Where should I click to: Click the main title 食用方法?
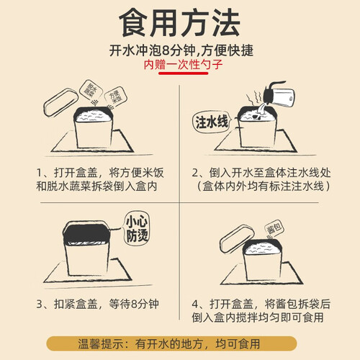click(179, 23)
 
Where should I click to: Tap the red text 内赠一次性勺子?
click(183, 65)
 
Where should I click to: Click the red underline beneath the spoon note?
click(183, 73)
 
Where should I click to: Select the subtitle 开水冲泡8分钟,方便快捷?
click(181, 50)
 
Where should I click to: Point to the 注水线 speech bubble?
click(212, 122)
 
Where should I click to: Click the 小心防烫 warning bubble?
click(137, 228)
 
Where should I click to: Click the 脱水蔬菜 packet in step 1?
click(91, 89)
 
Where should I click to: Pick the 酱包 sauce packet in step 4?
click(274, 228)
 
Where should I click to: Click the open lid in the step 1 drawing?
click(60, 102)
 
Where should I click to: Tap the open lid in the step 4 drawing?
click(237, 239)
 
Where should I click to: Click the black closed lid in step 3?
click(86, 233)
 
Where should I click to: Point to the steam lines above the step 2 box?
click(254, 98)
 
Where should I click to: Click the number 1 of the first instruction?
click(40, 173)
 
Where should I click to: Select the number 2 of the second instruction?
click(195, 173)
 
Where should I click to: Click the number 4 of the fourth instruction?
click(195, 305)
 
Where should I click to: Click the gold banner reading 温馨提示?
click(171, 343)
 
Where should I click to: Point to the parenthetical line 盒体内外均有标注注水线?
click(264, 186)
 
